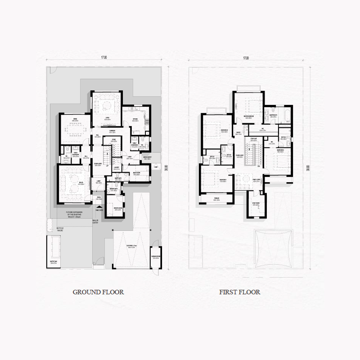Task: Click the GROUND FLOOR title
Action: [x=98, y=292]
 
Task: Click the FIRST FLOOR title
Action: [x=239, y=292]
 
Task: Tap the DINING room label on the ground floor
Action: [x=76, y=119]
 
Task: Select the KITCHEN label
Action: [x=135, y=119]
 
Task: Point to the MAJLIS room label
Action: [x=81, y=182]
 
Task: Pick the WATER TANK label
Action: [x=53, y=262]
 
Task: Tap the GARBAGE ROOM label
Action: [x=156, y=258]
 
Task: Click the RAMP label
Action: [x=155, y=167]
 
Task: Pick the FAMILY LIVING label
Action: [x=256, y=181]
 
